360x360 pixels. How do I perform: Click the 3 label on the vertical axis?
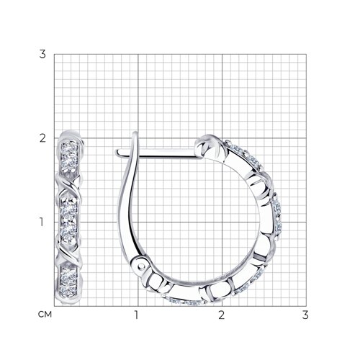coord(42,55)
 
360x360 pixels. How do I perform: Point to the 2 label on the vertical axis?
coord(42,138)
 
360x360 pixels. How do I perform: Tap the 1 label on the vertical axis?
coord(42,222)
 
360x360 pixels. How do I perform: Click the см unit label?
coord(45,315)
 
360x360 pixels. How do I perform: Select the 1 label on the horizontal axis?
coord(136,315)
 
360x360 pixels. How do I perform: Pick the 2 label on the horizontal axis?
coord(221,315)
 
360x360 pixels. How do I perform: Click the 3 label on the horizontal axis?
coord(305,315)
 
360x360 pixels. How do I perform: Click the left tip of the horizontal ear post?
coord(116,153)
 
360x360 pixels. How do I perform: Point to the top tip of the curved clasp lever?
coord(135,132)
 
